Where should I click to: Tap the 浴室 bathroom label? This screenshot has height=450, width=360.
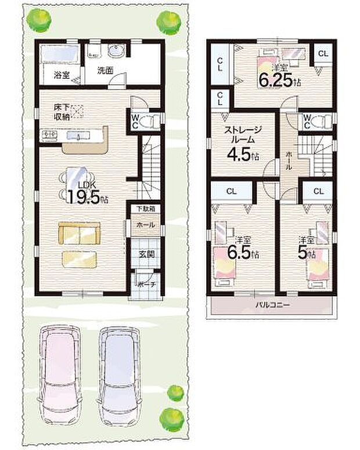[x=61, y=75]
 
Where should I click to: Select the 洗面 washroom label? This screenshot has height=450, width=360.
[x=105, y=71]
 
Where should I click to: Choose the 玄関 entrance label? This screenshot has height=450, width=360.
[x=145, y=253]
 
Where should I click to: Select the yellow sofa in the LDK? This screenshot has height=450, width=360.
[x=79, y=233]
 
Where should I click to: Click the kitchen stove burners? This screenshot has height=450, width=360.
[x=48, y=135]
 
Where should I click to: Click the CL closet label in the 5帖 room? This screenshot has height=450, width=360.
[x=318, y=191]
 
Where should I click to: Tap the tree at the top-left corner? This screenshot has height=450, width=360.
[x=36, y=21]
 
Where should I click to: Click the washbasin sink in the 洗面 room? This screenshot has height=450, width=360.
[x=115, y=52]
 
